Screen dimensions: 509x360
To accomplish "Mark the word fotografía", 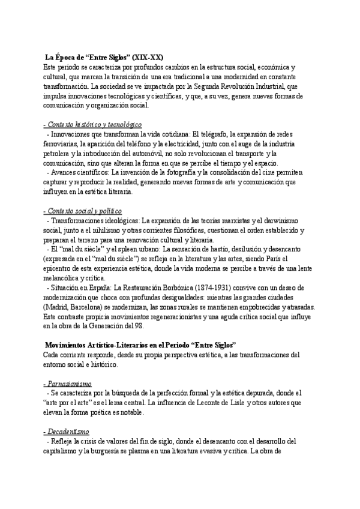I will click(x=186, y=173).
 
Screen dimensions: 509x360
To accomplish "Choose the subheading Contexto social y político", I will click(x=83, y=211).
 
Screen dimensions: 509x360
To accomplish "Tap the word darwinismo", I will click(x=284, y=221).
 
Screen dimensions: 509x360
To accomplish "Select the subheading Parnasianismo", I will click(x=68, y=384).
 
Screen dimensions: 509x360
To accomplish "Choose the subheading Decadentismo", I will click(x=67, y=432).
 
